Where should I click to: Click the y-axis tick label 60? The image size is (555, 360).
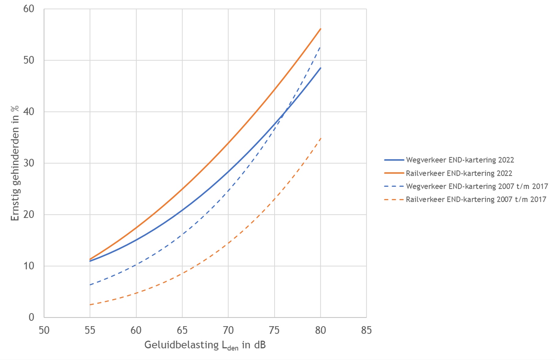[29, 9]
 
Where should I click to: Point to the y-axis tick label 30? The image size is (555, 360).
[29, 163]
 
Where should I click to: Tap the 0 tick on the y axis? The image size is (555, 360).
[31, 317]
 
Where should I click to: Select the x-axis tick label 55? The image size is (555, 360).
[90, 330]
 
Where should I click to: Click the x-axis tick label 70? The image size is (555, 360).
[228, 330]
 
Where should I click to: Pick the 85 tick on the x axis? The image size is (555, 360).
[366, 330]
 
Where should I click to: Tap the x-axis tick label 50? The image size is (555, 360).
[44, 330]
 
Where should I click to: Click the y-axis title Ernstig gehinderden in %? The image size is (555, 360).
[15, 163]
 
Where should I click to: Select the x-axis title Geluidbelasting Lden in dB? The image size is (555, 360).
[205, 345]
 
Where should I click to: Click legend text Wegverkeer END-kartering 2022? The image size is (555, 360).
[460, 160]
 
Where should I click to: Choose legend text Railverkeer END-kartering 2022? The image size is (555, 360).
[459, 173]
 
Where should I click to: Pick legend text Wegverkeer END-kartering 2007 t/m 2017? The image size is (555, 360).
[477, 186]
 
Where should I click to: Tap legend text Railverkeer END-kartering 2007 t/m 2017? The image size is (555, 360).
[476, 200]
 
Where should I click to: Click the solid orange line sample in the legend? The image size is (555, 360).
[394, 173]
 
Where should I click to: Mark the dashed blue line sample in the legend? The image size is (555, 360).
[394, 186]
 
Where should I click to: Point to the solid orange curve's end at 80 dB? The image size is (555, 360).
[321, 29]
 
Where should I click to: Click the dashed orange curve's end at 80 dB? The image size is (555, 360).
[321, 138]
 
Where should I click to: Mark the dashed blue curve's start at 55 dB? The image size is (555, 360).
[90, 285]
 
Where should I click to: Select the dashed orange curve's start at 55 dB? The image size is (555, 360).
[90, 304]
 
